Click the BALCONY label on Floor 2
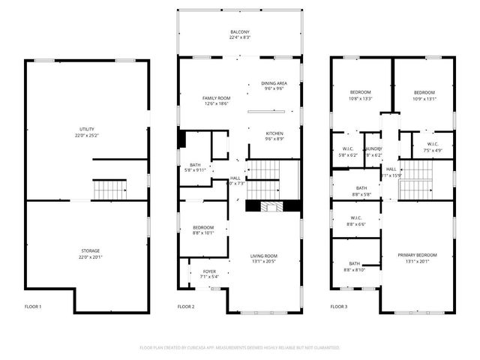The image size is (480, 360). (240, 32)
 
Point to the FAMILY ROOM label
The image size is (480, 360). (216, 99)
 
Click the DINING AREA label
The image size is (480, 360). (274, 83)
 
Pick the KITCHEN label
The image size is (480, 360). (274, 133)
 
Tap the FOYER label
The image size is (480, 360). (208, 271)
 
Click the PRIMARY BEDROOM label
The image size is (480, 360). (417, 256)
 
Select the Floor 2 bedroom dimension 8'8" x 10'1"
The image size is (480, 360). (202, 232)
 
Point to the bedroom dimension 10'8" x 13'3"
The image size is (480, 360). (361, 98)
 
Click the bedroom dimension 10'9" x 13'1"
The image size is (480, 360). (424, 98)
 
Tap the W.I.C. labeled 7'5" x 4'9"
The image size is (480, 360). (433, 150)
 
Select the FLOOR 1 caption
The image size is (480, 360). (33, 307)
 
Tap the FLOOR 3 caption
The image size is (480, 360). (339, 307)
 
